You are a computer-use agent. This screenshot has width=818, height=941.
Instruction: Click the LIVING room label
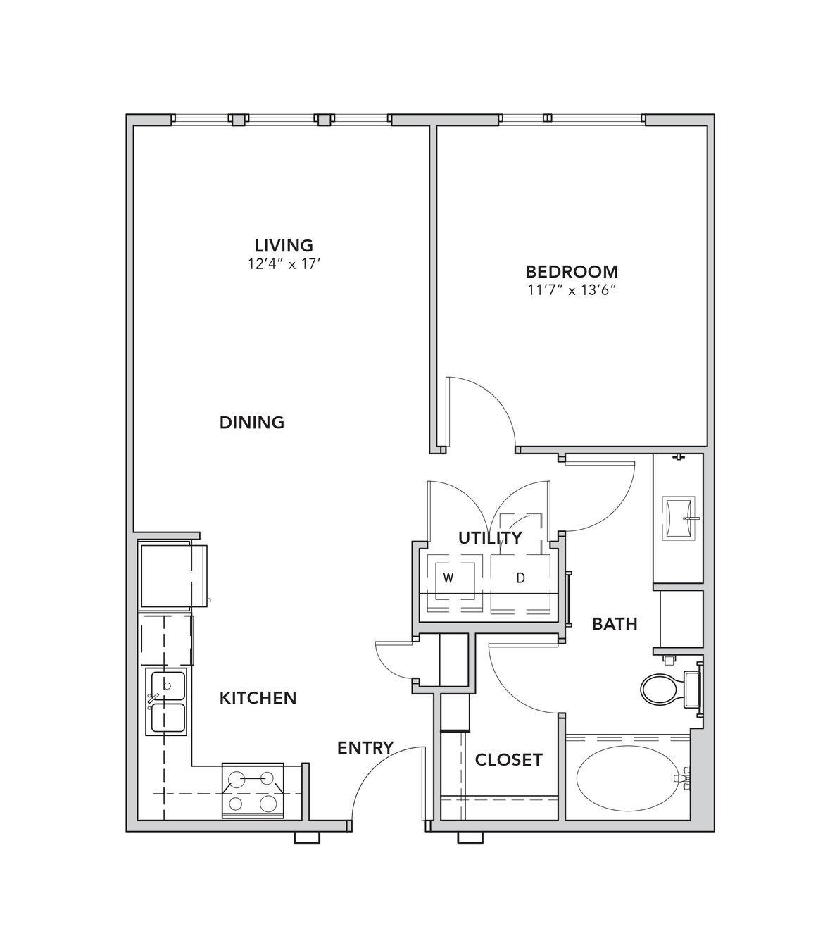tap(284, 246)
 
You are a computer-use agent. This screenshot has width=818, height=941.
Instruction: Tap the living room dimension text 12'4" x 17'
tap(284, 264)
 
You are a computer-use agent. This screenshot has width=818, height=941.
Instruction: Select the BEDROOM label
tap(572, 272)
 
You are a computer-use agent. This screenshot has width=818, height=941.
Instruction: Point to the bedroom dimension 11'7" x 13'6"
tap(571, 291)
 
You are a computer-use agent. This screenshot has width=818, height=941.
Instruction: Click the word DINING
tap(252, 422)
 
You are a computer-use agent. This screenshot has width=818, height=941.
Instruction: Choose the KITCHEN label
tap(258, 698)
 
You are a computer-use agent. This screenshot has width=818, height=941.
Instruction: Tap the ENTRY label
tap(365, 748)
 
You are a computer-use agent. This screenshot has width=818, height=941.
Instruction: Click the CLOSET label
tap(509, 760)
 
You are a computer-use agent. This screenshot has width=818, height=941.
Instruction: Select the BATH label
tap(615, 624)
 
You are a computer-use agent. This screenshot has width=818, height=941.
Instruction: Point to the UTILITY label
tap(491, 537)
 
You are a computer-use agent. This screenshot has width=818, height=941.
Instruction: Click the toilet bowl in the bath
tap(659, 689)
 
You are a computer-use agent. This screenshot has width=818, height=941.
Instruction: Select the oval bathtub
tap(628, 778)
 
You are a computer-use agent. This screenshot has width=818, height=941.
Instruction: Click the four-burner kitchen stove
tap(253, 790)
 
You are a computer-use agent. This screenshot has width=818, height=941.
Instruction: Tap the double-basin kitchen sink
tap(166, 702)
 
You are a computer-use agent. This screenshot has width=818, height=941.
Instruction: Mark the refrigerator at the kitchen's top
tap(173, 576)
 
